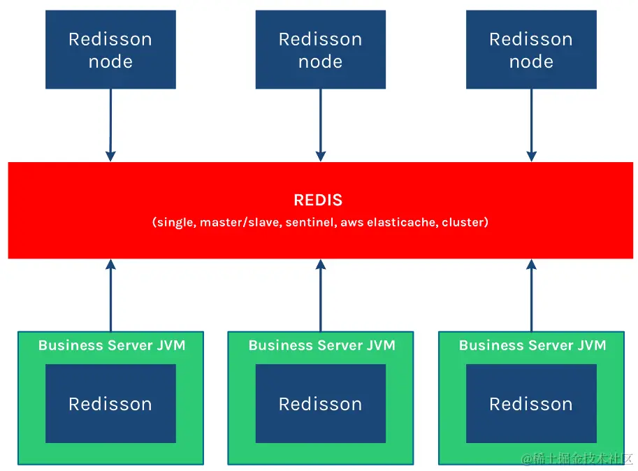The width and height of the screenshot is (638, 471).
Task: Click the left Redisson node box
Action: pos(110,50)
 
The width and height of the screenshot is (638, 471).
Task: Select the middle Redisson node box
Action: pos(320,50)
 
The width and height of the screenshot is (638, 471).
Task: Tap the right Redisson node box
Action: pos(531,50)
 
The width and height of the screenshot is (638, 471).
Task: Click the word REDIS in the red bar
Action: pos(318,200)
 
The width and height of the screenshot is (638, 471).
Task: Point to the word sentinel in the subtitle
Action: pos(310,222)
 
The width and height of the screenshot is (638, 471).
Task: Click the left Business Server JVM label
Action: pos(112,345)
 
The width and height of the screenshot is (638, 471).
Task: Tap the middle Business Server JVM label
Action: pos(321,345)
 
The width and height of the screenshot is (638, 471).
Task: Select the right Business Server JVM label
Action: pos(532,345)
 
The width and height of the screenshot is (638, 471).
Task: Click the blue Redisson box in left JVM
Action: pos(110,404)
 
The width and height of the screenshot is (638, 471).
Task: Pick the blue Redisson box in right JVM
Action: pos(531,404)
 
